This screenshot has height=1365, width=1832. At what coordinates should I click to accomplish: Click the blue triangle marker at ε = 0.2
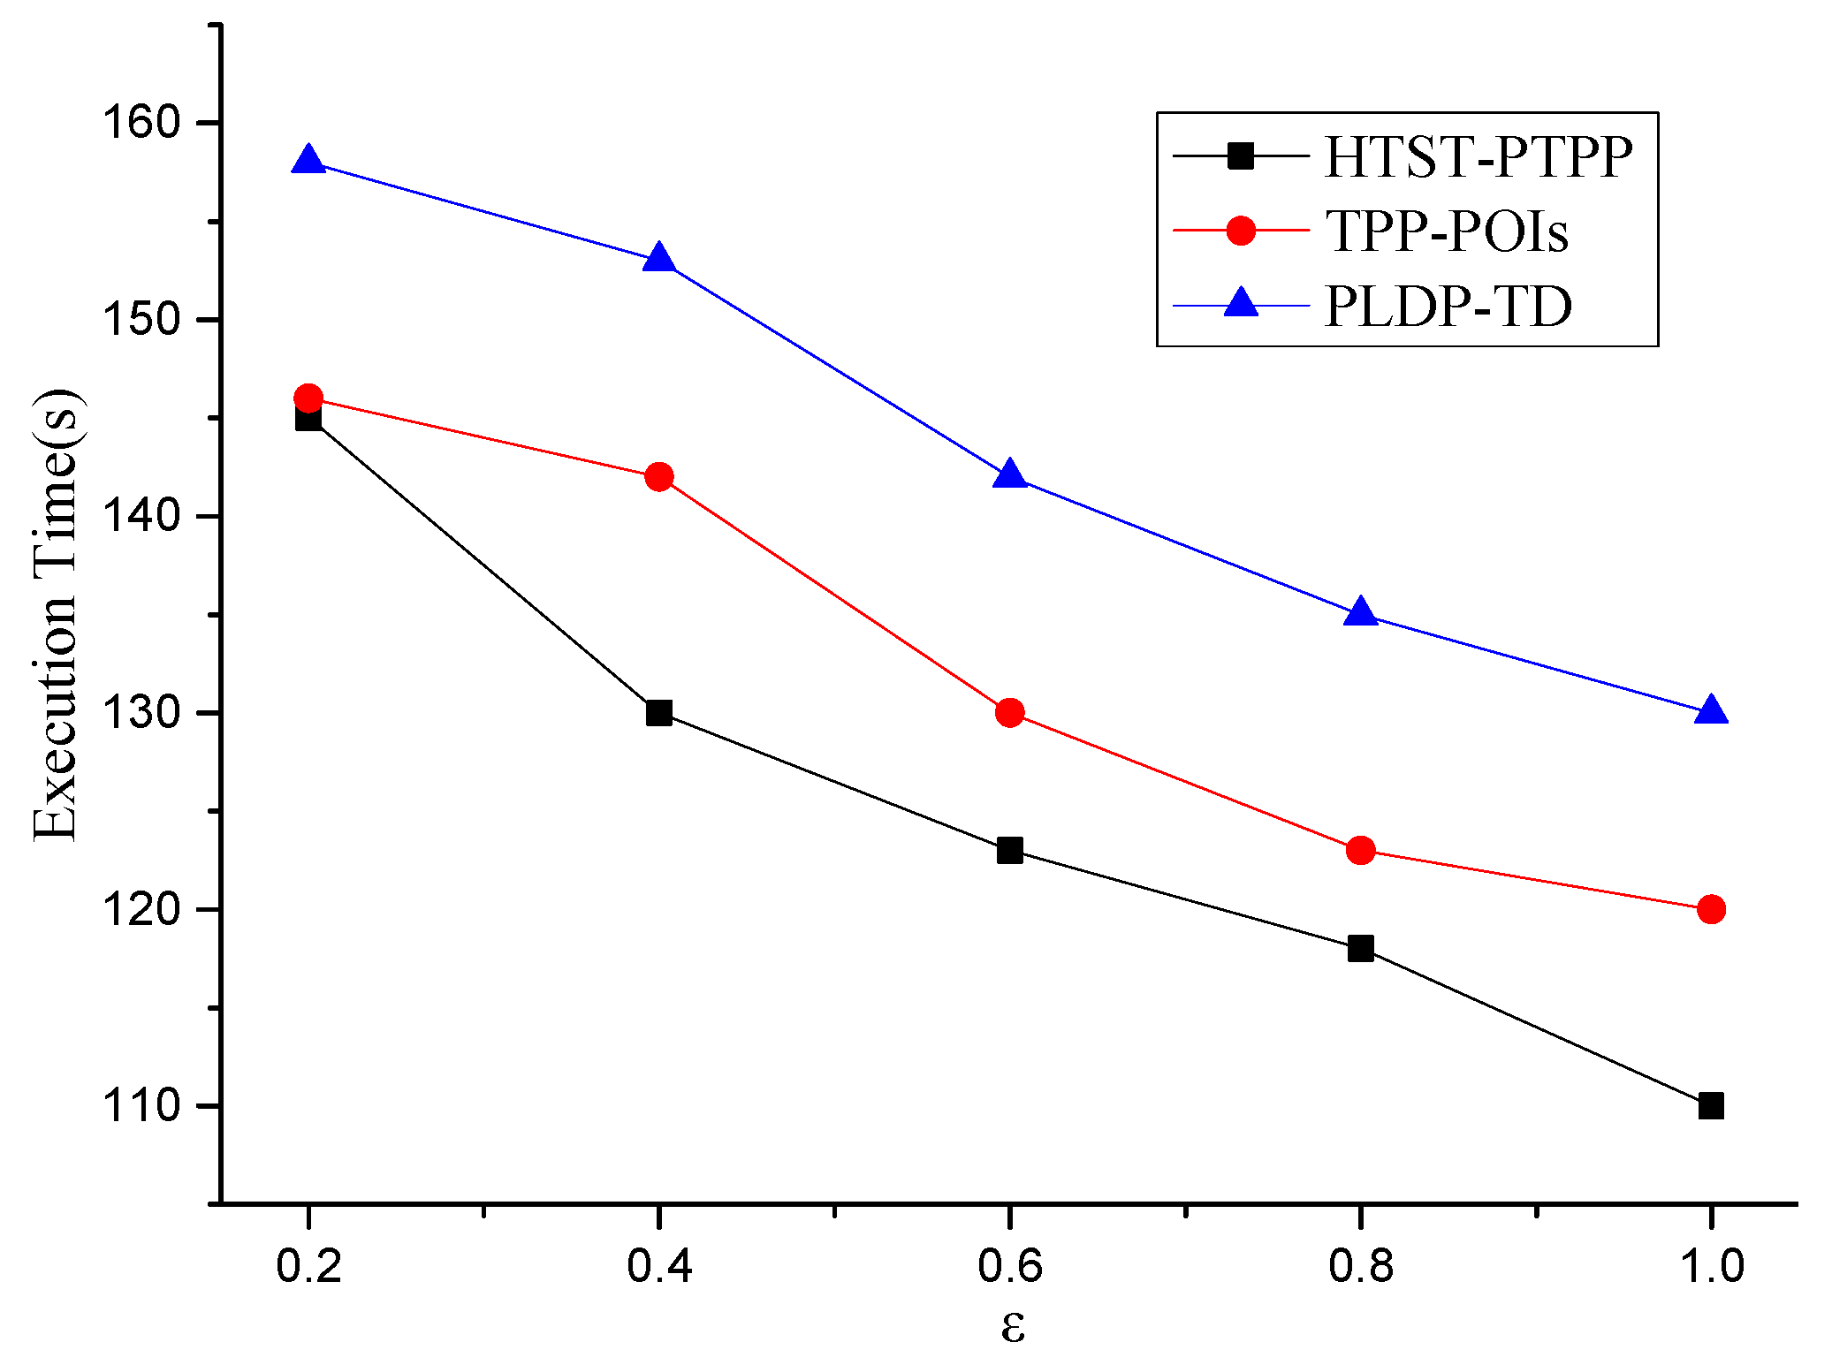pos(308,161)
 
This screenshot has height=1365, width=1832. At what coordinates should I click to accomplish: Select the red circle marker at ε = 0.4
pos(658,477)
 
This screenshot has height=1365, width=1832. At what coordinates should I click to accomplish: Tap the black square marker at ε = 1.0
pos(1711,1105)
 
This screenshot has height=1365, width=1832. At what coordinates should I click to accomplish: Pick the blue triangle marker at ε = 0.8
pos(1360,612)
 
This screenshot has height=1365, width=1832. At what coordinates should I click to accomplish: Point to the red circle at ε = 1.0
pos(1711,909)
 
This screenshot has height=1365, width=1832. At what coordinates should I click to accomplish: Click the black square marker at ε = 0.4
pos(658,712)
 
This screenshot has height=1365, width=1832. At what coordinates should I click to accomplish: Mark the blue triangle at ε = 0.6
pos(1009,475)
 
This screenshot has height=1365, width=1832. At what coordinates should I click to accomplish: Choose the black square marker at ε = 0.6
pos(1009,851)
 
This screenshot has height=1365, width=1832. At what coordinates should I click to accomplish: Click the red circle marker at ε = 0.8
pos(1360,851)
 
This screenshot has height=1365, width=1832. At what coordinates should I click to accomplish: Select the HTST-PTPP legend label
pos(1478,157)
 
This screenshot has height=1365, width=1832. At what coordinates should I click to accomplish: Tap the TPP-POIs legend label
pos(1447,231)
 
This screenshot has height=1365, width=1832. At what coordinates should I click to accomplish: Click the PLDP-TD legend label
pos(1448,307)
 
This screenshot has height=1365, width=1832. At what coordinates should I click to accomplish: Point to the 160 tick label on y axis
pos(142,122)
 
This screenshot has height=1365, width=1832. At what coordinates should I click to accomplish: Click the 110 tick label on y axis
pos(142,1105)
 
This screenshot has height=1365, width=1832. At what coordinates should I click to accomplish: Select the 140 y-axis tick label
pos(142,515)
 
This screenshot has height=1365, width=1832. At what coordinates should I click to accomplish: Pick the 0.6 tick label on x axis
pos(1009,1265)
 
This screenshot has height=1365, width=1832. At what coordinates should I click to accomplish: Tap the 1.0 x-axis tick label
pos(1711,1265)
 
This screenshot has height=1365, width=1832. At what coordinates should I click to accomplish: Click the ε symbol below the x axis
pos(1013,1326)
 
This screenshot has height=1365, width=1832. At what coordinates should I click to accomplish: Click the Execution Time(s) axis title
pos(57,614)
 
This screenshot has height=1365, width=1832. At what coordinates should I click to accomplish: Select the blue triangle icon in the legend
pos(1241,303)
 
